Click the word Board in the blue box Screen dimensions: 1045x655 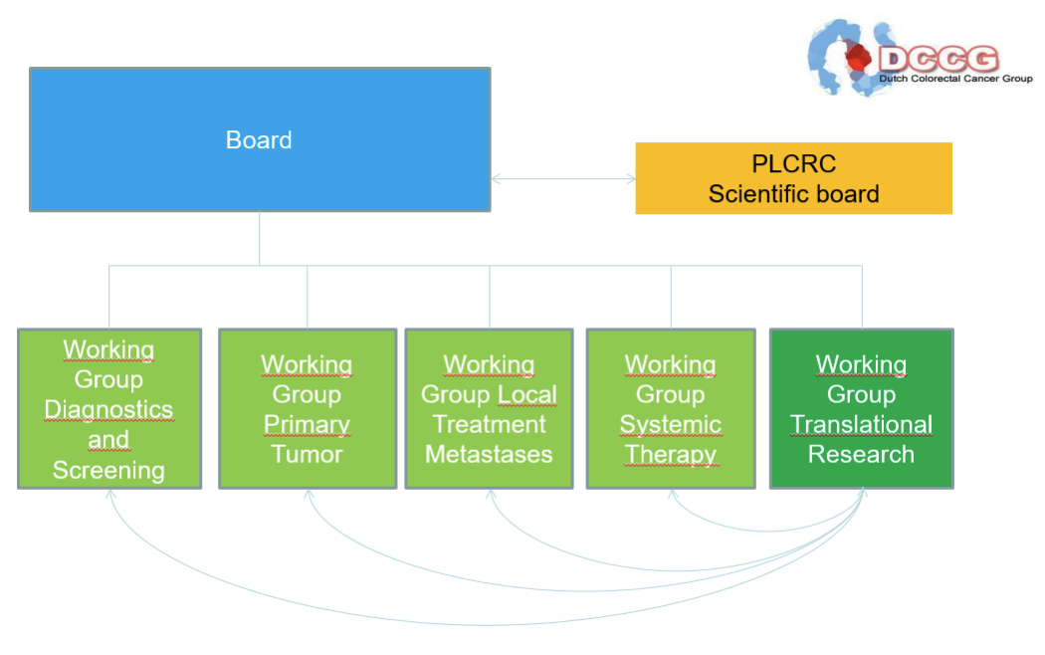(259, 140)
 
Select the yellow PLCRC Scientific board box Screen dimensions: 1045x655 (794, 178)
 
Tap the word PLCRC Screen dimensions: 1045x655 (794, 164)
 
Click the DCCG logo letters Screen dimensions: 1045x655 (939, 59)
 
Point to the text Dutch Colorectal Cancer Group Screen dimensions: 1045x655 (955, 79)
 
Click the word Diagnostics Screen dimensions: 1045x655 (108, 410)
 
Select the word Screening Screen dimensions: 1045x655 (108, 471)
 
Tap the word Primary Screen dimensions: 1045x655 (307, 425)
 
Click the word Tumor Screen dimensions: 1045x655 (307, 455)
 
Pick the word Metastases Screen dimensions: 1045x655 (490, 455)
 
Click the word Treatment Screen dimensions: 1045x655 (490, 424)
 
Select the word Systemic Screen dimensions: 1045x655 (671, 425)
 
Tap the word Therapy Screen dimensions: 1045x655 (671, 455)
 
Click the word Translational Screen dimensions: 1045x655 (861, 424)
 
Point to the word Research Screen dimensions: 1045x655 (861, 455)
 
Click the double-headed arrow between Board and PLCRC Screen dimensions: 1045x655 (563, 178)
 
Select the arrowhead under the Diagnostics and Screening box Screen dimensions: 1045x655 (110, 495)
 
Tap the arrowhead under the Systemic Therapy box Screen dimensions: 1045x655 (673, 495)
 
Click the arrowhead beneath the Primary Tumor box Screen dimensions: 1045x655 (309, 495)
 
